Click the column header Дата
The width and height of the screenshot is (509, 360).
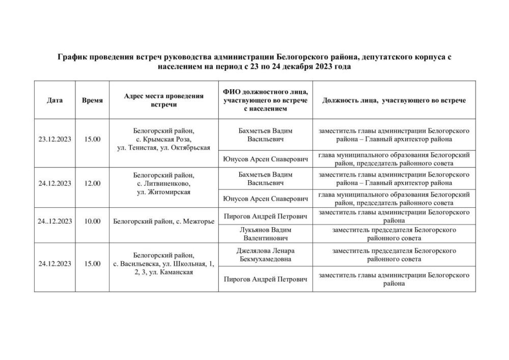pos(54,100)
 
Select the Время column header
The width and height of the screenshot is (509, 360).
pos(92,100)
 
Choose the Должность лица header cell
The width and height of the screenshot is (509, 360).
pos(393,100)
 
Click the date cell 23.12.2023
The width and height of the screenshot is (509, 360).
pos(54,139)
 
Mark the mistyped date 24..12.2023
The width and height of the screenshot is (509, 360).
pos(54,221)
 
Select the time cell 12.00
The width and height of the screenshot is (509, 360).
pos(92,183)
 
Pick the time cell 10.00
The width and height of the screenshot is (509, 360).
pos(92,221)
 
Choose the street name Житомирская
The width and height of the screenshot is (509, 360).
pos(170,192)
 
